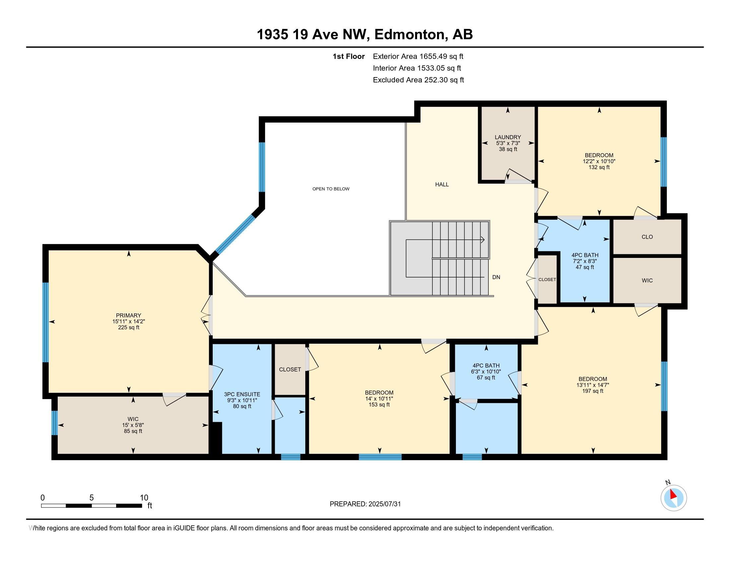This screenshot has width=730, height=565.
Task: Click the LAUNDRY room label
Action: coord(508,137)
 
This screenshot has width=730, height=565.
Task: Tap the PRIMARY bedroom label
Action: coord(128,315)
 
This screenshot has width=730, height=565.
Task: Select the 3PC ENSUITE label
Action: coord(242,394)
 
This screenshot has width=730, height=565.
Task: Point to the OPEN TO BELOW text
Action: coord(331,189)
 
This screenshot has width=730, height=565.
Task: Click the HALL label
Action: coord(442,184)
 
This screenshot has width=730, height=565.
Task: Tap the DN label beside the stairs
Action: coord(496,277)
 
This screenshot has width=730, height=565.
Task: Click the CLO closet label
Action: coord(647,237)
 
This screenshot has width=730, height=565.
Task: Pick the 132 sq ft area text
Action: coord(599,168)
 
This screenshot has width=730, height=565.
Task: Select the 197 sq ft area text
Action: coord(593,391)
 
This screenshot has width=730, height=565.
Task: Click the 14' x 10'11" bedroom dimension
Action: coord(379,398)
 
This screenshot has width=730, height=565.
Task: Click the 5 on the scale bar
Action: coord(91,498)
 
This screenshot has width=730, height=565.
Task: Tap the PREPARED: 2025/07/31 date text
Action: coord(365,504)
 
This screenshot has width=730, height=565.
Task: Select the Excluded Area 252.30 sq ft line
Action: coord(418,80)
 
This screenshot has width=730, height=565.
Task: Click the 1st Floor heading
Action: coord(349,56)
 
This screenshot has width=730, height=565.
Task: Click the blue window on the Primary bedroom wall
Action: coord(45,322)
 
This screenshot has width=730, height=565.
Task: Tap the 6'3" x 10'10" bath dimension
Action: coord(486,372)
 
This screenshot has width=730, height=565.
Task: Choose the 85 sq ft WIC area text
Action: coord(133,431)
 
